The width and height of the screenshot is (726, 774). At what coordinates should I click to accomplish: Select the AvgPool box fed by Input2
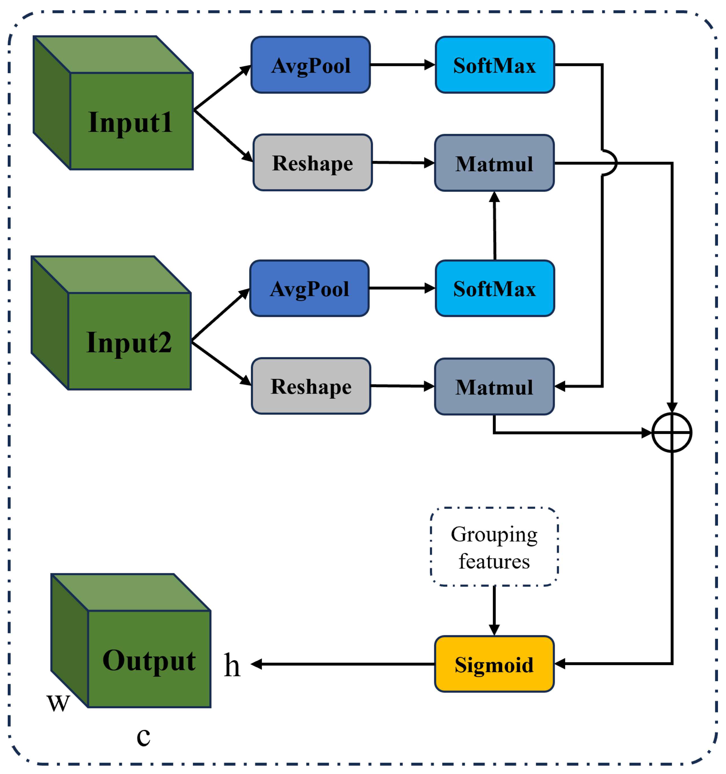coord(309,288)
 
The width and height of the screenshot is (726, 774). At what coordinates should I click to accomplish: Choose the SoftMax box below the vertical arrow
coord(494,288)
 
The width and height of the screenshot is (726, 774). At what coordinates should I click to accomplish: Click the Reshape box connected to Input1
coord(313,163)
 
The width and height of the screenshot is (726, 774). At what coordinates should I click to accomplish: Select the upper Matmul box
coord(494,163)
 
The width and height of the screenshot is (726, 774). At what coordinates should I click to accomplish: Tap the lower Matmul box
coord(494,387)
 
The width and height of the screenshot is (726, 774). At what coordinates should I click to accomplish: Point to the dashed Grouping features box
coord(494,547)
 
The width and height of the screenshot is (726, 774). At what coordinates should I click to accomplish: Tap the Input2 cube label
coord(129,343)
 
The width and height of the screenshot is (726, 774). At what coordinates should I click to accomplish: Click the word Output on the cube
coord(149,661)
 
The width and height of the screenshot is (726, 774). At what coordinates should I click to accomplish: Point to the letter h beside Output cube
coord(232,665)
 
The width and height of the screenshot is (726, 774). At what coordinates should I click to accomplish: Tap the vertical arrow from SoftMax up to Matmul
coord(494,226)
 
